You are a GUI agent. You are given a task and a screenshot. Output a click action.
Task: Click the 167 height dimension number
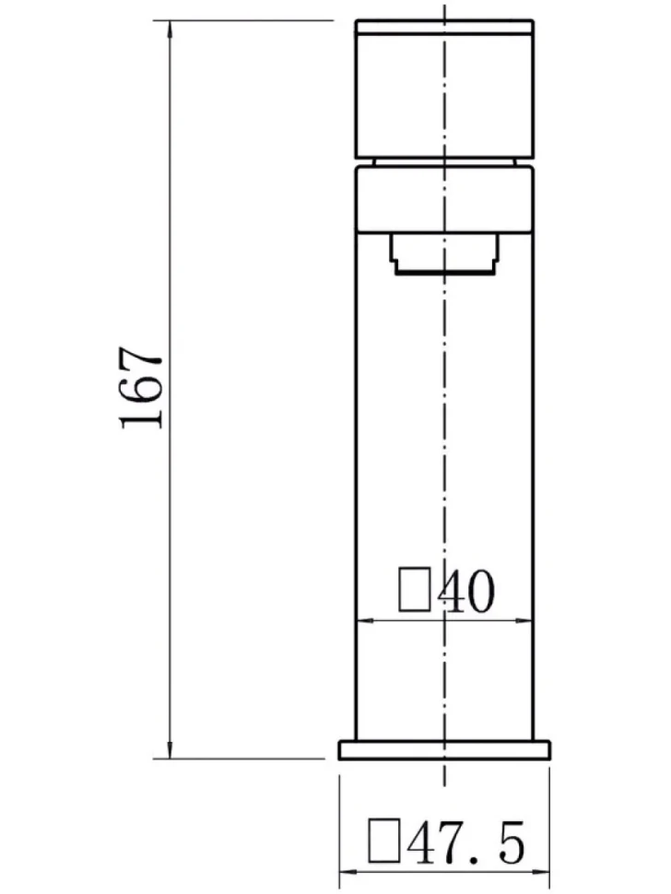[141, 387]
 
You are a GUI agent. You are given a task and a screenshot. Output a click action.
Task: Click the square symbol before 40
[415, 589]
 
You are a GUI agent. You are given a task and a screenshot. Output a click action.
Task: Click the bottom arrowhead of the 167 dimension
[170, 749]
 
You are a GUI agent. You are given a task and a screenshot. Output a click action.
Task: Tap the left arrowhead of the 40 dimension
[365, 620]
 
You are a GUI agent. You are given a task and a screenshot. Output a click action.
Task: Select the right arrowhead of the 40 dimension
[523, 620]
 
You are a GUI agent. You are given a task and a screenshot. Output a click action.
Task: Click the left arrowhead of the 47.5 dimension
[349, 888]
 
